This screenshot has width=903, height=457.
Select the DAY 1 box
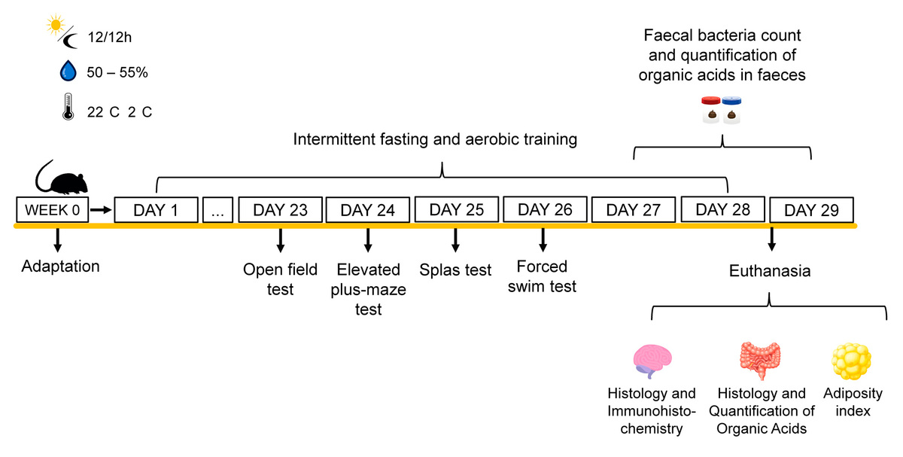pos(156,211)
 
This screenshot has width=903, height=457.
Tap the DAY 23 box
pos(281,211)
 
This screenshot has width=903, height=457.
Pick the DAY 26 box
pos(545,210)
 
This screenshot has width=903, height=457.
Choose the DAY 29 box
pos(810,210)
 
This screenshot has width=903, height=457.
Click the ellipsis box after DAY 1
pos(217,211)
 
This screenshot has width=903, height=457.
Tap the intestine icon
pos(760,360)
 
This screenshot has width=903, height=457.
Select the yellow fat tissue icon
pos(851,360)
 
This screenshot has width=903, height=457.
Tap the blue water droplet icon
pos(68,72)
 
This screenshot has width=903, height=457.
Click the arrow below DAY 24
pos(368,239)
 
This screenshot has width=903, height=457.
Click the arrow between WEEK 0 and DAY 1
pos(100,211)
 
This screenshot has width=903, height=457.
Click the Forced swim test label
pos(546,276)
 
